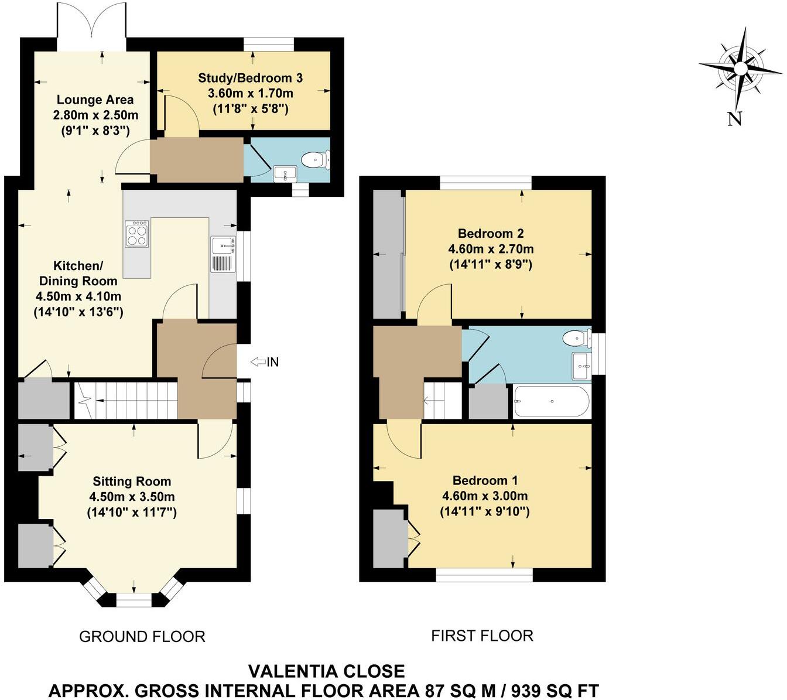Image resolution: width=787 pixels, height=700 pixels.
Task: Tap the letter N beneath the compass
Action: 734,119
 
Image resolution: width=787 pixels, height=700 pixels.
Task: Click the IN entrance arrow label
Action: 265,362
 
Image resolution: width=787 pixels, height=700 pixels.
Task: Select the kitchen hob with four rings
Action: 136,233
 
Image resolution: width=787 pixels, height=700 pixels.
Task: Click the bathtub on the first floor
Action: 550,401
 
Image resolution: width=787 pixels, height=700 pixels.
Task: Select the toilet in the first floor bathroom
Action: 575,338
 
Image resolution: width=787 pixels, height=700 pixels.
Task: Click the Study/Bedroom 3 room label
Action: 251,78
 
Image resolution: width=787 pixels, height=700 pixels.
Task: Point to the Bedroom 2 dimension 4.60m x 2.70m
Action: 491,249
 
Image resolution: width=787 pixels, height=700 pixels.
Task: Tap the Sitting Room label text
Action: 132,482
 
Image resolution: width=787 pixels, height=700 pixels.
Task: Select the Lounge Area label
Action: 95,100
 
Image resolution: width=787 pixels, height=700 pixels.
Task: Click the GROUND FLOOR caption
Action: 142,636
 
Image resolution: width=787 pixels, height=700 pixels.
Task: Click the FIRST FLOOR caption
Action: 482,635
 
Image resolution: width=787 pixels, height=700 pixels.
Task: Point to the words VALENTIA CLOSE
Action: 326,671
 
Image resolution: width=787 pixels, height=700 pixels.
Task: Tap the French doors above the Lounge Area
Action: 91,26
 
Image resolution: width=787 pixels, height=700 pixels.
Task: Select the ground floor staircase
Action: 126,400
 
